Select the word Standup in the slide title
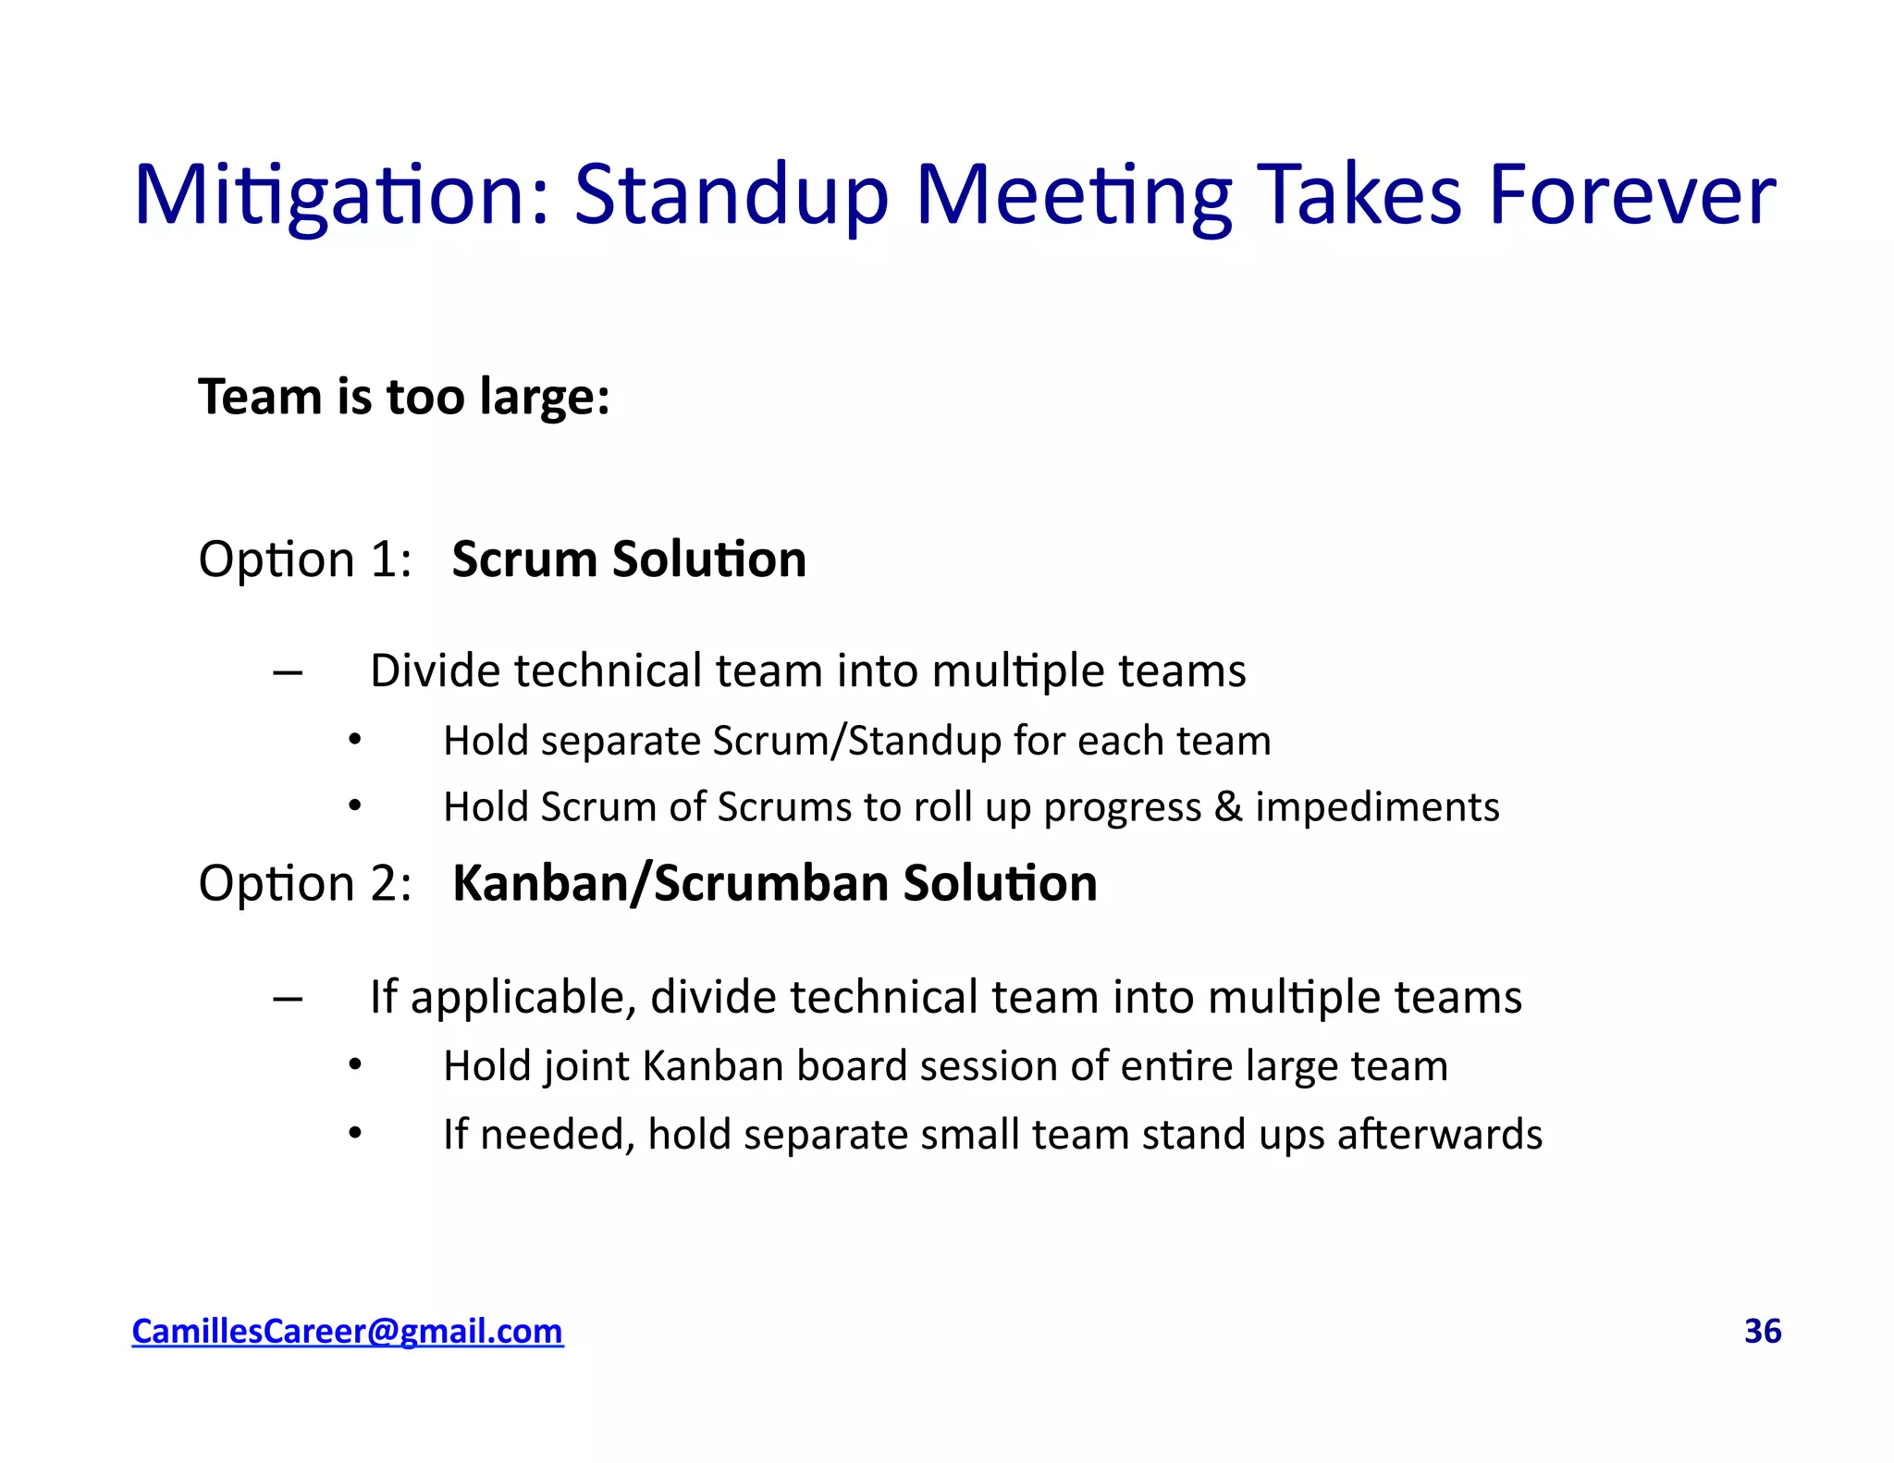tap(731, 195)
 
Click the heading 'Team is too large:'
tap(404, 397)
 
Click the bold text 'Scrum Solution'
tap(629, 559)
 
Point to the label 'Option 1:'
tap(305, 559)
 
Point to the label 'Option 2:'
tap(305, 883)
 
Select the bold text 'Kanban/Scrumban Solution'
tap(775, 883)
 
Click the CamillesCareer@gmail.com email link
tap(347, 1331)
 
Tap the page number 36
tap(1763, 1331)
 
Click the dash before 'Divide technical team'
tap(288, 674)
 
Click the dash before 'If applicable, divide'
tap(288, 1000)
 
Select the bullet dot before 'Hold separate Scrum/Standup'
tap(355, 740)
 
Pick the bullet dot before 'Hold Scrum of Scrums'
tap(355, 806)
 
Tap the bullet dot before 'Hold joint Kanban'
tap(355, 1066)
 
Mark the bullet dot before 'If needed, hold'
tap(355, 1134)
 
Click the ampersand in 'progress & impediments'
tap(1228, 807)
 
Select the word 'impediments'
tap(1377, 807)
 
